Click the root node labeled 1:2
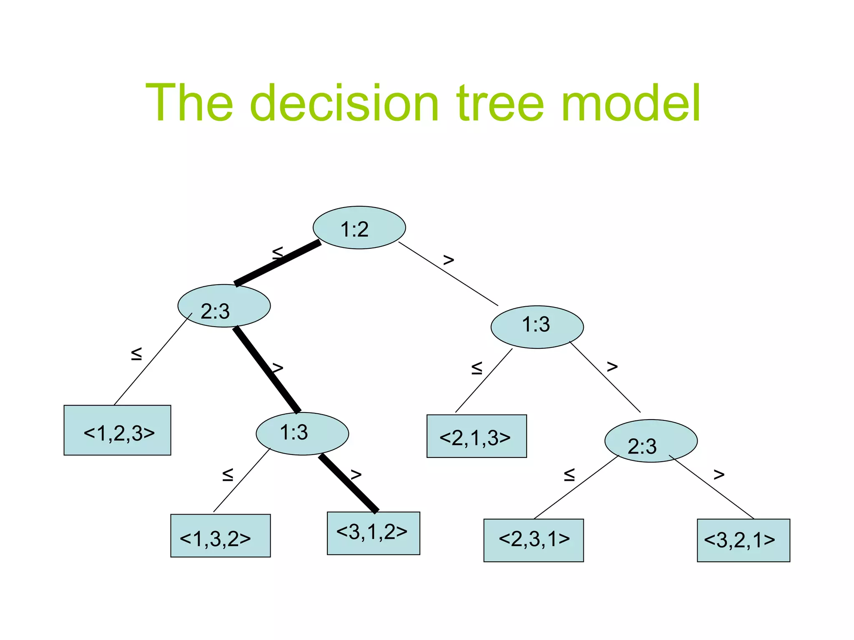pos(359,227)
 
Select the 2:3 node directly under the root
pos(224,306)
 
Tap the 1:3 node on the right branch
pos(537,327)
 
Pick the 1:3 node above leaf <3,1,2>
pos(302,433)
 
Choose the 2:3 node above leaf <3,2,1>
pos(651,441)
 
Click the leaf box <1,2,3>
pos(117,430)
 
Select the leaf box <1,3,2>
pos(220,535)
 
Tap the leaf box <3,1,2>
pos(373,533)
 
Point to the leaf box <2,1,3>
pos(477,436)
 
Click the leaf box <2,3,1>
pos(533,540)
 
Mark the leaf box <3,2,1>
pos(743,540)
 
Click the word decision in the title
pos(344,103)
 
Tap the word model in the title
pos(630,103)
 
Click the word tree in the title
pos(500,103)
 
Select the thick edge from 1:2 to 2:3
pos(278,263)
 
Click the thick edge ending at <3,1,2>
pos(349,483)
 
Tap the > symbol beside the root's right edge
pos(448,260)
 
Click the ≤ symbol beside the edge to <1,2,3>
pos(136,354)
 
